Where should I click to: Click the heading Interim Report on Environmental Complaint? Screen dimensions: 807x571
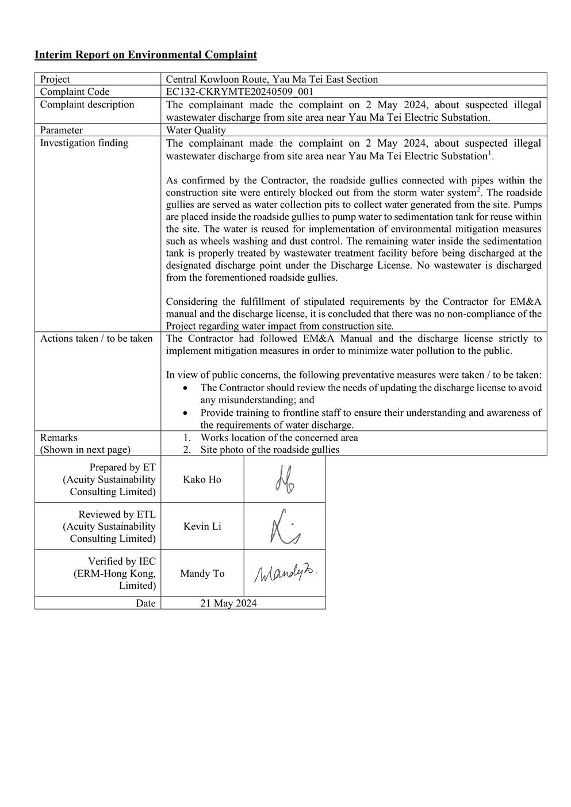(145, 55)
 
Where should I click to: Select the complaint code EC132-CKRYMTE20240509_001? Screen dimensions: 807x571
(239, 92)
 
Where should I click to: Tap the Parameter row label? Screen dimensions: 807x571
(62, 130)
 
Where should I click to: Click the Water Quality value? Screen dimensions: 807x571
(196, 130)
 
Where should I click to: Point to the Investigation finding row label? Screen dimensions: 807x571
(84, 143)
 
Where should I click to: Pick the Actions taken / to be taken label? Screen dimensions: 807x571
(96, 338)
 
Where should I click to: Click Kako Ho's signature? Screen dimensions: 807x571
(285, 480)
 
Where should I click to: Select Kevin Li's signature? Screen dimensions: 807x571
(284, 526)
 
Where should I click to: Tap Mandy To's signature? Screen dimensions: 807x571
(285, 573)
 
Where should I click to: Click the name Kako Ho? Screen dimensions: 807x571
(202, 480)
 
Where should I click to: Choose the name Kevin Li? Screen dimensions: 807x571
(202, 526)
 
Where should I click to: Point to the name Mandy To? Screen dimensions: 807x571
(202, 573)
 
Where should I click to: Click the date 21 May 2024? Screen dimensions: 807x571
(228, 603)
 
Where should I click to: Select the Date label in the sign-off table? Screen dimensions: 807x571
(145, 603)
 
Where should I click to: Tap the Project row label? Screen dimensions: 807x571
(55, 79)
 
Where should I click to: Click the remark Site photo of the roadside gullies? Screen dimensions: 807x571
(270, 450)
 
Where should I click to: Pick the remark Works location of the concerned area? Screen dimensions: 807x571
(279, 438)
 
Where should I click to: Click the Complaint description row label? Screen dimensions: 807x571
(87, 104)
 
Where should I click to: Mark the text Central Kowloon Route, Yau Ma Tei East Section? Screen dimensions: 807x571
(272, 79)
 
